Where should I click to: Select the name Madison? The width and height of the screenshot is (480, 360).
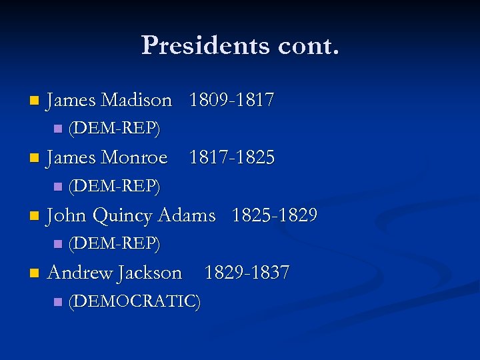tap(136, 101)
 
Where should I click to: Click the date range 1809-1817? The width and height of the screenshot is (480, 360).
tap(231, 101)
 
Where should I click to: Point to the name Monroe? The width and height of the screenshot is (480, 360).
tap(133, 158)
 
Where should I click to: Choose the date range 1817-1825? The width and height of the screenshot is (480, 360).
tap(231, 158)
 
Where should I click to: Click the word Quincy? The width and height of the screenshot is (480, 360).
tap(122, 216)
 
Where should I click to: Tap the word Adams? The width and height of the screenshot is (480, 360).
tap(186, 215)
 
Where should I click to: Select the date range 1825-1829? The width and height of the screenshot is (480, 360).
tap(274, 215)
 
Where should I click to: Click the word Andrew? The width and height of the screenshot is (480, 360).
tap(80, 273)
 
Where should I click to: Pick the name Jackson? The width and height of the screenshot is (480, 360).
tap(149, 273)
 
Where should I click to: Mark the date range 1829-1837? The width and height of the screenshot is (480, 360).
tap(247, 273)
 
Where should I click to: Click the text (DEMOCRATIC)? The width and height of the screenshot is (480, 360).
tap(135, 301)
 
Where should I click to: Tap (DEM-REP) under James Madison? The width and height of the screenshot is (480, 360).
tap(114, 129)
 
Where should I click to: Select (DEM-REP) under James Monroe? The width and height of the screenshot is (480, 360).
tap(114, 187)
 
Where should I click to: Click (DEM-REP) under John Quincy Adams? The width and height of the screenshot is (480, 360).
tap(114, 244)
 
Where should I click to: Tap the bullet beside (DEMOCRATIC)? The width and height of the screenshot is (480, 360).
tap(57, 302)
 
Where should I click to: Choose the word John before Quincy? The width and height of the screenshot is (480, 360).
tap(68, 215)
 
